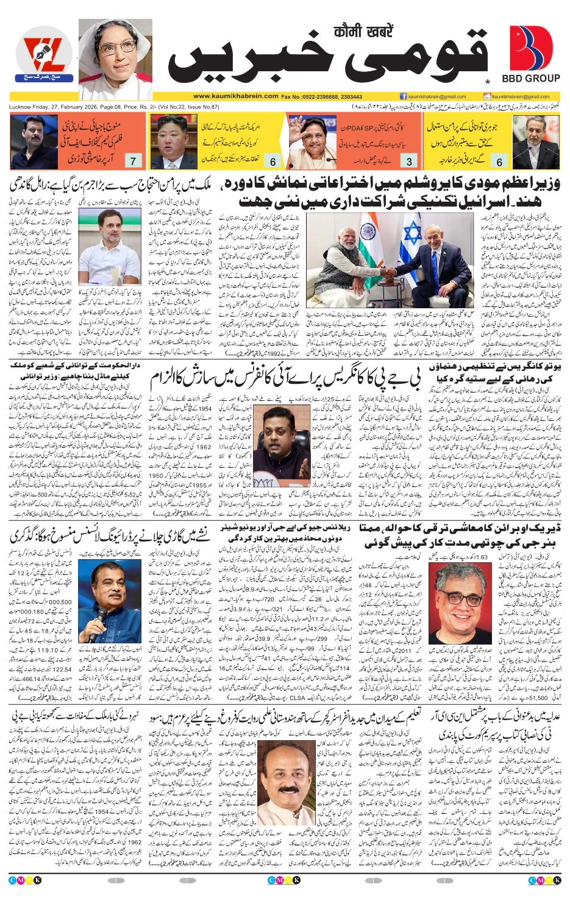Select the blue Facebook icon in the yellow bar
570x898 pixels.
pos(403,96)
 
